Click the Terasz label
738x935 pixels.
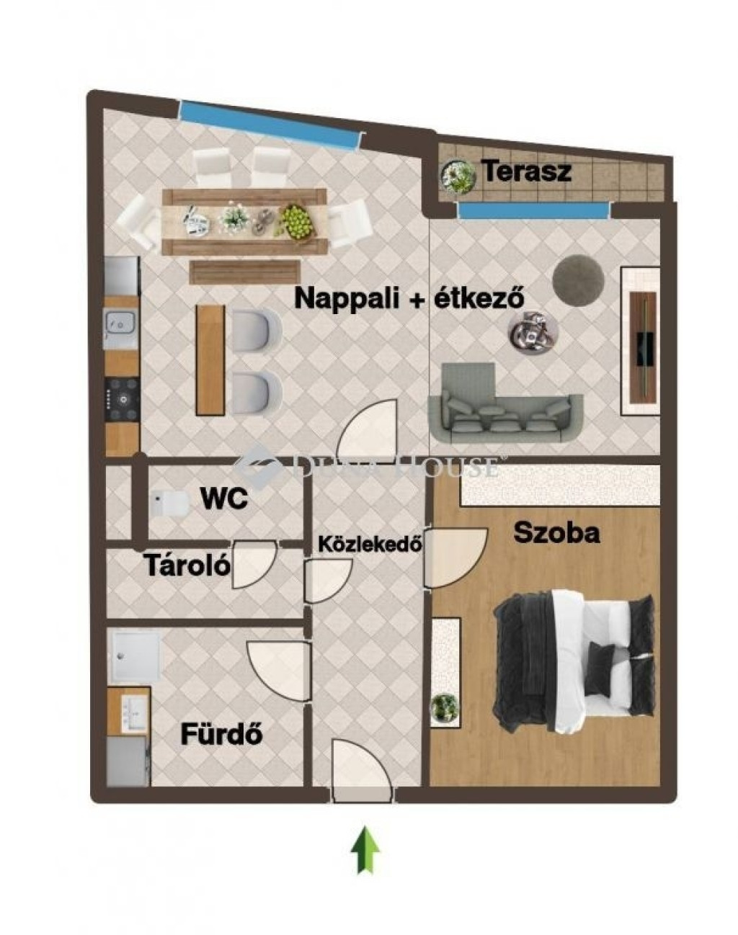pyautogui.click(x=528, y=171)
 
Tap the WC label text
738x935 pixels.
pyautogui.click(x=224, y=499)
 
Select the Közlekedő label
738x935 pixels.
pyautogui.click(x=370, y=544)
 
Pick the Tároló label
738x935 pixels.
pyautogui.click(x=187, y=565)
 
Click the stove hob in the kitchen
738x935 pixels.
pyautogui.click(x=123, y=398)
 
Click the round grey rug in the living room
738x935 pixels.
pyautogui.click(x=578, y=279)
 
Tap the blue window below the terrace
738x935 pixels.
pyautogui.click(x=535, y=211)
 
